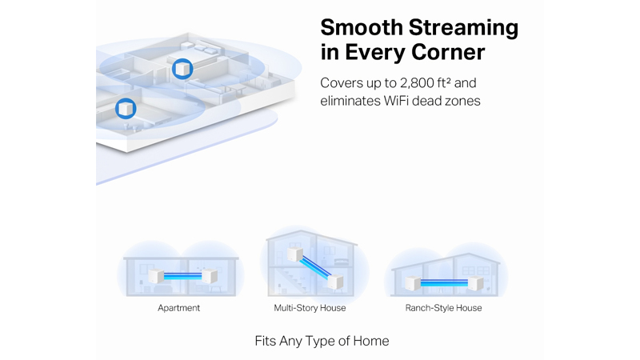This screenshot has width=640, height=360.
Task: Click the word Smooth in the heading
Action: [x=362, y=28]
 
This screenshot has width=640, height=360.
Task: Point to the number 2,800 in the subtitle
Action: [x=417, y=83]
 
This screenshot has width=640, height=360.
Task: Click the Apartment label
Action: [x=178, y=308]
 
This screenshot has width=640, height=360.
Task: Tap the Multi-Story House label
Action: [x=310, y=308]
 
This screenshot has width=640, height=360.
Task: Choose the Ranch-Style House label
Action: [x=443, y=308]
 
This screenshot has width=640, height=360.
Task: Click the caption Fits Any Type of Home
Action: [x=322, y=341]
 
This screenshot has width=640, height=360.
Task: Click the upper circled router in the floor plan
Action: [x=182, y=69]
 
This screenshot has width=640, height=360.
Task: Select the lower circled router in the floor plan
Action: [x=126, y=109]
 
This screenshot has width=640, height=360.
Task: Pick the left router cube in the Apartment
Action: [x=156, y=276]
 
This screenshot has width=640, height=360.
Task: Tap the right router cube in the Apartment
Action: [x=210, y=276]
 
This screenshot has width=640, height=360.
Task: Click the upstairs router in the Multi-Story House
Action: [x=294, y=254]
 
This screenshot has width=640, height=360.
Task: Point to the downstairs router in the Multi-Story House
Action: [x=335, y=282]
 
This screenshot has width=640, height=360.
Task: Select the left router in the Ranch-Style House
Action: [x=413, y=282]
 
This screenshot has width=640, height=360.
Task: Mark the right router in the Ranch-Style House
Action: [x=475, y=282]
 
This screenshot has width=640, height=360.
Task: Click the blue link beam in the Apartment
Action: [x=183, y=276]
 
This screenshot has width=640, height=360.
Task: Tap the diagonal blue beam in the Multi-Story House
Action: [x=315, y=268]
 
